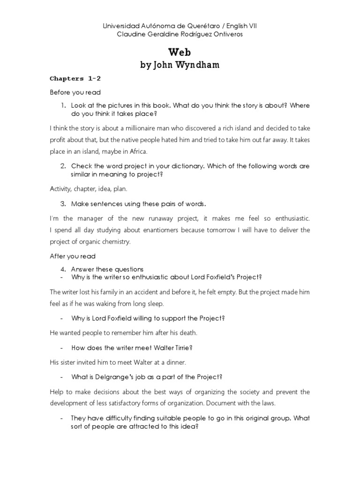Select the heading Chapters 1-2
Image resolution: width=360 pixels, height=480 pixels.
click(x=75, y=79)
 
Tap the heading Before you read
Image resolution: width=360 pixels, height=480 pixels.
click(x=75, y=92)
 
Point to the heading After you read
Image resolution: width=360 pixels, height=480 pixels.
click(x=73, y=256)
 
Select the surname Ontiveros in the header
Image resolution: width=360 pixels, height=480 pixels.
click(x=226, y=35)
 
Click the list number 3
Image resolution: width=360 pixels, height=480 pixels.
click(x=62, y=204)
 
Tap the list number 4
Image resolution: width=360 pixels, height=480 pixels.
click(x=62, y=269)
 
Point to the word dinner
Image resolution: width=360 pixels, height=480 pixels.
click(x=175, y=362)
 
